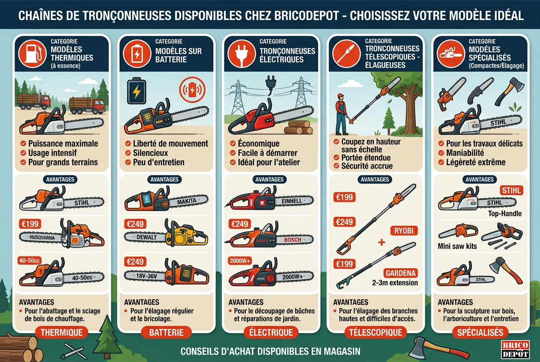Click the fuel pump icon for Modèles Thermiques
click(x=32, y=54)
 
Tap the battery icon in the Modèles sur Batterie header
click(x=137, y=54)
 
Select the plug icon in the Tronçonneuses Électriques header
click(x=241, y=54)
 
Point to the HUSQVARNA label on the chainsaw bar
click(x=42, y=237)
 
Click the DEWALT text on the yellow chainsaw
click(x=147, y=237)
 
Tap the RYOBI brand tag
click(x=404, y=231)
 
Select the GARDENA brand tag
click(x=400, y=273)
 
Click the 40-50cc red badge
click(x=29, y=260)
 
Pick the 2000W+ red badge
click(x=240, y=260)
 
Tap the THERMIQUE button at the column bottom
click(x=62, y=333)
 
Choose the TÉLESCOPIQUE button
click(x=376, y=333)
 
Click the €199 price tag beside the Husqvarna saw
click(x=30, y=224)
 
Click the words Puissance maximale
click(x=63, y=143)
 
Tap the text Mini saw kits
click(x=457, y=246)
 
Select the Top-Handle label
click(x=505, y=213)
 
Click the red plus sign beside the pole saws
click(x=382, y=242)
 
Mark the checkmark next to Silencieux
click(x=128, y=153)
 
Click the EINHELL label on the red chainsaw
click(x=292, y=201)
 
